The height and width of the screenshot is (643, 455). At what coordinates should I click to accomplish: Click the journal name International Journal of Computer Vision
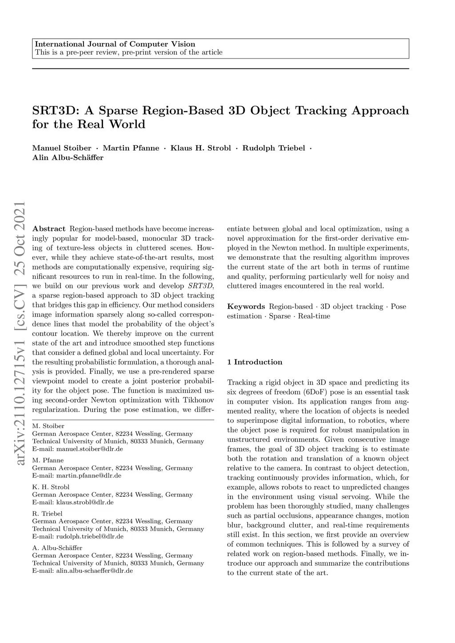click(x=115, y=44)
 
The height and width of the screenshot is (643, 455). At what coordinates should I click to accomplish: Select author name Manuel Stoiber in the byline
click(x=62, y=148)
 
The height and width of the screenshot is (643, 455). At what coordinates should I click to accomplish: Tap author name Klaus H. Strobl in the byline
click(x=201, y=148)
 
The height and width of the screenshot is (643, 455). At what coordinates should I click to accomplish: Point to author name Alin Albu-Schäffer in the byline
click(x=68, y=158)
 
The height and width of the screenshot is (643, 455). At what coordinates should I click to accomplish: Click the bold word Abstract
click(x=49, y=229)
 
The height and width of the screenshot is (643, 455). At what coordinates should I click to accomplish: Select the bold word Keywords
click(x=246, y=306)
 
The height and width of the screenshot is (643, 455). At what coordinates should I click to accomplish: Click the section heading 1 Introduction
click(x=255, y=362)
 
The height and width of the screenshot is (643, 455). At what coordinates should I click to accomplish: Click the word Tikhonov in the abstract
click(x=199, y=400)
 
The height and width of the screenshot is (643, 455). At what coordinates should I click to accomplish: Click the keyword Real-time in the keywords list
click(x=314, y=316)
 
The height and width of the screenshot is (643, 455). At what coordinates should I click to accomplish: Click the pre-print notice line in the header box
click(x=128, y=52)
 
